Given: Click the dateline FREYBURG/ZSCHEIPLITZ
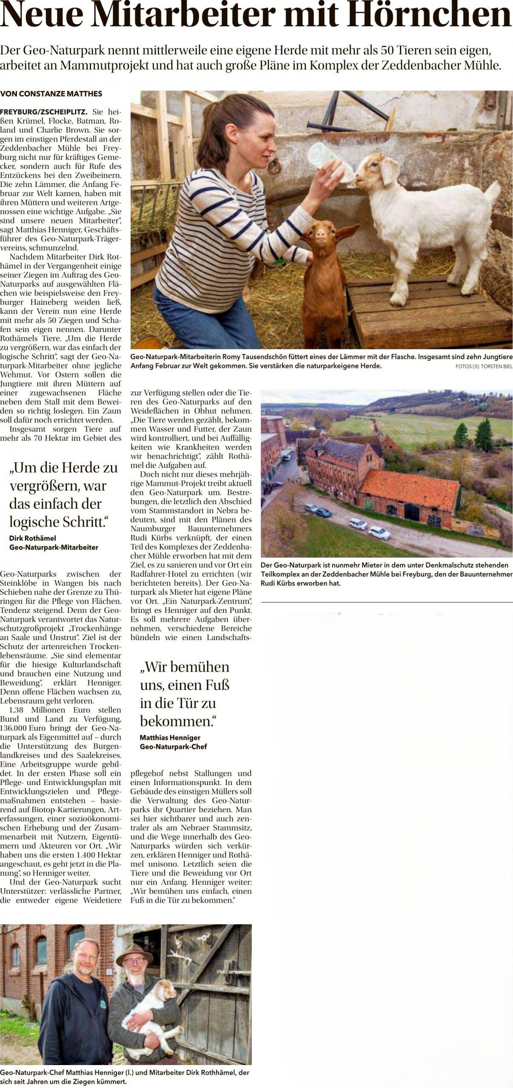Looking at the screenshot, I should [44, 112].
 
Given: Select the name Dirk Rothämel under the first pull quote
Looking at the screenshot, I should [33, 538].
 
